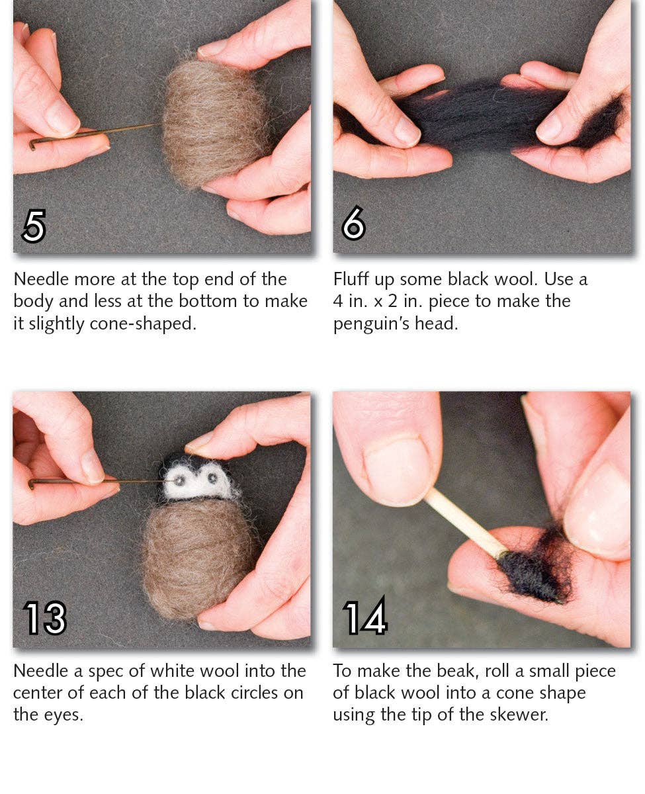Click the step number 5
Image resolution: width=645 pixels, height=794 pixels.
click(x=34, y=226)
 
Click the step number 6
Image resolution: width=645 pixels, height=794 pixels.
click(x=353, y=226)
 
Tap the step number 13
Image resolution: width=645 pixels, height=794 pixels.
click(x=45, y=618)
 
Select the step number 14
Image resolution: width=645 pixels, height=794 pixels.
click(x=365, y=618)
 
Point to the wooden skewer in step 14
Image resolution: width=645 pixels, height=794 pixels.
click(x=463, y=523)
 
